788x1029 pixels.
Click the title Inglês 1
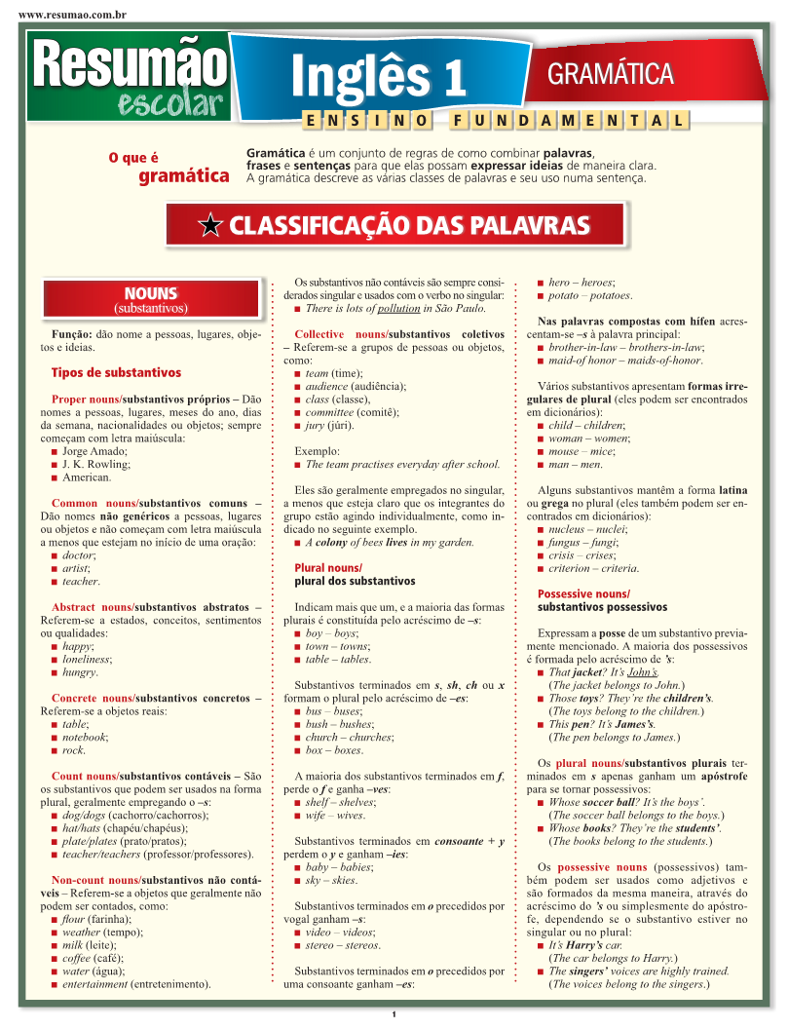(379, 78)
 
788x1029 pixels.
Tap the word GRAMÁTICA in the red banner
(611, 74)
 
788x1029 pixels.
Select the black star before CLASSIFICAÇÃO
(209, 227)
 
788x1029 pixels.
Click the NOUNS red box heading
(150, 293)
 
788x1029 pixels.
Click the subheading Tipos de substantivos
(116, 372)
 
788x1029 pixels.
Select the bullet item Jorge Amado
(94, 451)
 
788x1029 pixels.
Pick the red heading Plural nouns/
(327, 568)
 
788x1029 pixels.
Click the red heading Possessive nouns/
(583, 594)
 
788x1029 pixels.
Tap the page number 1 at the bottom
(394, 1016)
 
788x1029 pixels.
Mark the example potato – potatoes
(590, 295)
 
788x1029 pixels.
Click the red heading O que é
(133, 158)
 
